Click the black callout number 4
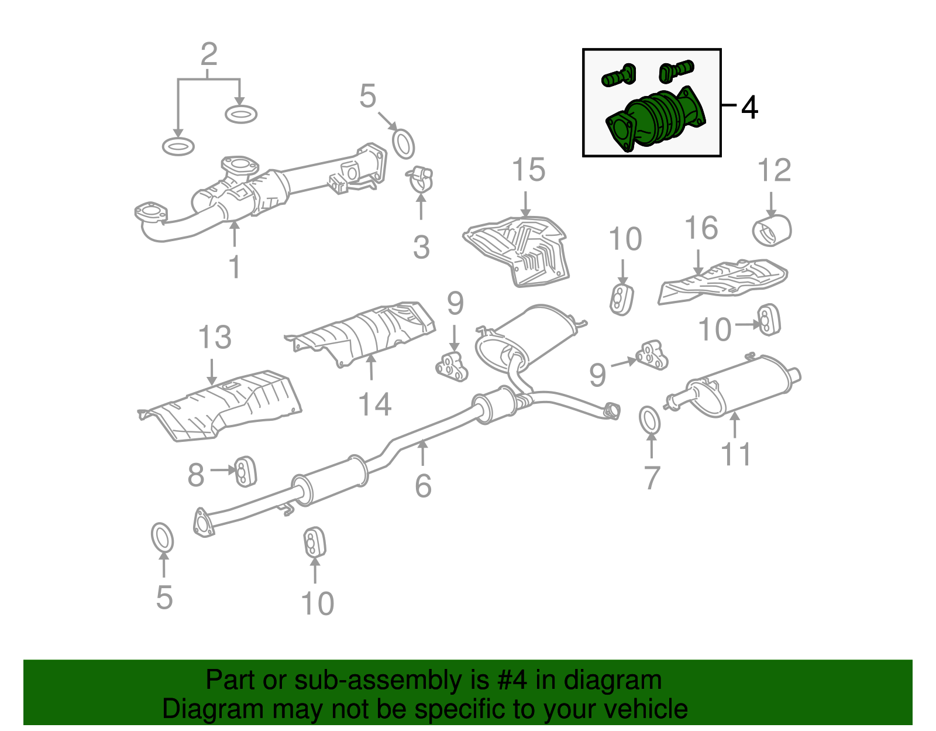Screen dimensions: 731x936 click(750, 108)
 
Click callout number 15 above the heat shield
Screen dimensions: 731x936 click(528, 170)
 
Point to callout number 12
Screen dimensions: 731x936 click(774, 170)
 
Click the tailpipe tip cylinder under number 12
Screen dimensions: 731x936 click(772, 230)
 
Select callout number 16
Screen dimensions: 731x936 click(701, 228)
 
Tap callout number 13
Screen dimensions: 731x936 click(215, 338)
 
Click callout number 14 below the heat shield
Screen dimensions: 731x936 click(374, 404)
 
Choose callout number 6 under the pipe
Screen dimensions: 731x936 click(423, 486)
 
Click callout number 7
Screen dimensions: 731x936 click(652, 478)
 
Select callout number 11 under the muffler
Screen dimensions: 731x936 click(736, 454)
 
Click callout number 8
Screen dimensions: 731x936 click(196, 475)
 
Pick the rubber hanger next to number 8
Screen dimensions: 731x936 click(245, 471)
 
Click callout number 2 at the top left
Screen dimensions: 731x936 click(209, 54)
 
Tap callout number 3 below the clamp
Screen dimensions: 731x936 click(421, 248)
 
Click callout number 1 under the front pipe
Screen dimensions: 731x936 click(234, 267)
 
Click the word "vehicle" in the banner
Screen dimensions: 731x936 click(645, 709)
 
